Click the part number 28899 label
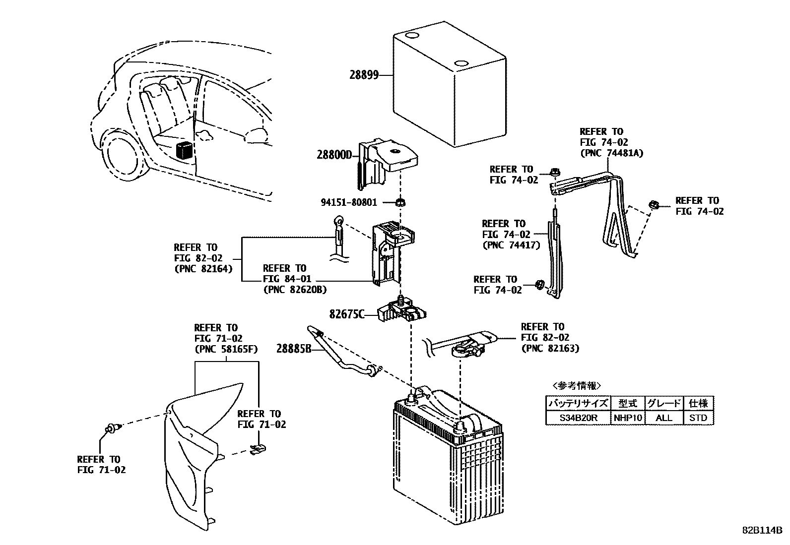[x=364, y=75]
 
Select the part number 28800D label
[x=333, y=155]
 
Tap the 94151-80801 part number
[x=348, y=202]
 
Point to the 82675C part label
[x=346, y=314]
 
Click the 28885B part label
[x=293, y=349]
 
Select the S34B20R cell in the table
[x=578, y=418]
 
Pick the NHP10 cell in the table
[x=628, y=418]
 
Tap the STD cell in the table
[x=698, y=418]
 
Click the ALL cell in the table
[x=663, y=418]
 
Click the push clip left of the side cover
[x=111, y=427]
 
